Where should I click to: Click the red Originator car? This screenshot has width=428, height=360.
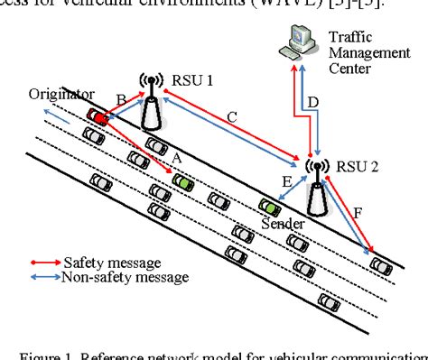coord(100,117)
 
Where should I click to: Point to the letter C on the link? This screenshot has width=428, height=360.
coord(232,116)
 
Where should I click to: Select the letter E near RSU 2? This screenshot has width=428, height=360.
coord(287,184)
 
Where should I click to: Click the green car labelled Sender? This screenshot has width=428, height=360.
coord(269,206)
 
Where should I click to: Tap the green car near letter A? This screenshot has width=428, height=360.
coord(184,181)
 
